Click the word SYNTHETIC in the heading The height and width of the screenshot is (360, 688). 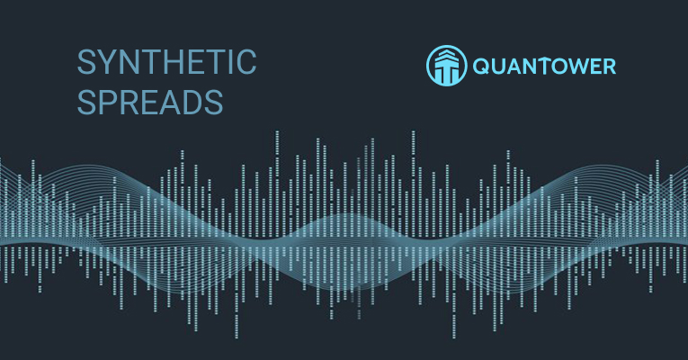pyautogui.click(x=166, y=64)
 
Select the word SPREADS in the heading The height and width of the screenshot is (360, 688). pyautogui.click(x=150, y=101)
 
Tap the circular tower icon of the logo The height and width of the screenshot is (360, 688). pyautogui.click(x=447, y=66)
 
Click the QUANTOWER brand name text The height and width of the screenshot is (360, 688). pyautogui.click(x=544, y=67)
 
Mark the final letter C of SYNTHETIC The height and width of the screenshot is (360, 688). pyautogui.click(x=245, y=64)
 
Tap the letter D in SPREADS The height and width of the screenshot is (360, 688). pyautogui.click(x=193, y=101)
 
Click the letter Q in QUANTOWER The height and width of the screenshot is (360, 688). pyautogui.click(x=482, y=67)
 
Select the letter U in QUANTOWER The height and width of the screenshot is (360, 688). pyautogui.click(x=500, y=67)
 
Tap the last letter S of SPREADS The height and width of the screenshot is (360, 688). pyautogui.click(x=213, y=101)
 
